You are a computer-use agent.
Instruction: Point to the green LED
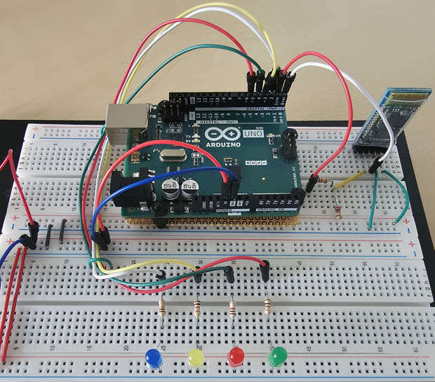(278, 357)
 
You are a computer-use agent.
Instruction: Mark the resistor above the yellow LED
(197, 307)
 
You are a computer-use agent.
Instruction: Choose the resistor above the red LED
(232, 306)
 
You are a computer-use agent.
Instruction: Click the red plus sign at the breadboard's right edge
(408, 245)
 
